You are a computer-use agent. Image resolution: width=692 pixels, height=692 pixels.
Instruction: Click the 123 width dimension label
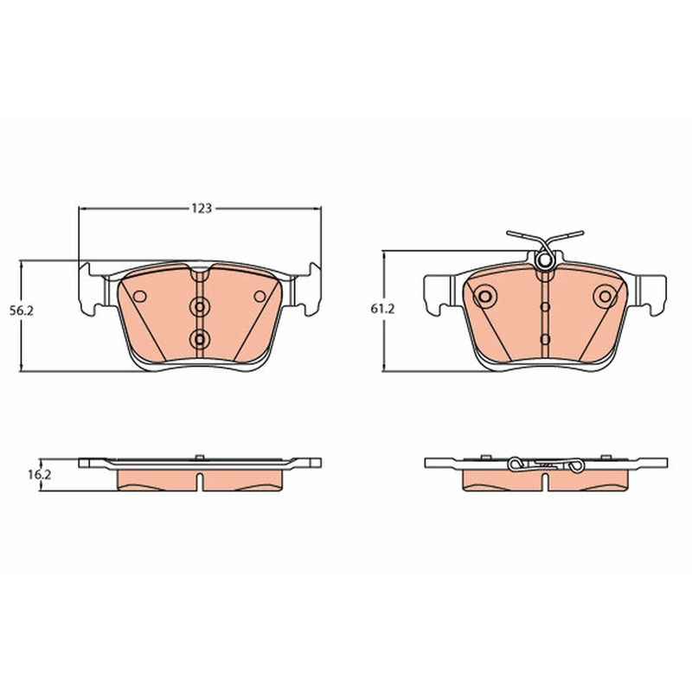click(x=202, y=208)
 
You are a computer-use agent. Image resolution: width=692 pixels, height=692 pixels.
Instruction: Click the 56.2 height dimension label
click(x=22, y=311)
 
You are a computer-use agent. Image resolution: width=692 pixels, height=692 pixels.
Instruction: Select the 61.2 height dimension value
click(x=382, y=310)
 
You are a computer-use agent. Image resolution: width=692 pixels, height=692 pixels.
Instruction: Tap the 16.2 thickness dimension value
click(x=40, y=475)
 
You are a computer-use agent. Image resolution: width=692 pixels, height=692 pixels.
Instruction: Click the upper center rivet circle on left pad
click(x=200, y=307)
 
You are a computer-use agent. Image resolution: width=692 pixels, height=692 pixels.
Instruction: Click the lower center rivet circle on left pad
click(x=200, y=339)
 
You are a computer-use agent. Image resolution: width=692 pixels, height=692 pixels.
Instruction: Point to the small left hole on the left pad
click(x=140, y=297)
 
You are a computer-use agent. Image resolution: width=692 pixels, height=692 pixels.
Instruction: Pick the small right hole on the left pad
click(x=260, y=297)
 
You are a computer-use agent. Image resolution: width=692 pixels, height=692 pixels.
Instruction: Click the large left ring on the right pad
click(x=485, y=297)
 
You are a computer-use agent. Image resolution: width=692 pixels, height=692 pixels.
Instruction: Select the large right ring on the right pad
click(x=605, y=297)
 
